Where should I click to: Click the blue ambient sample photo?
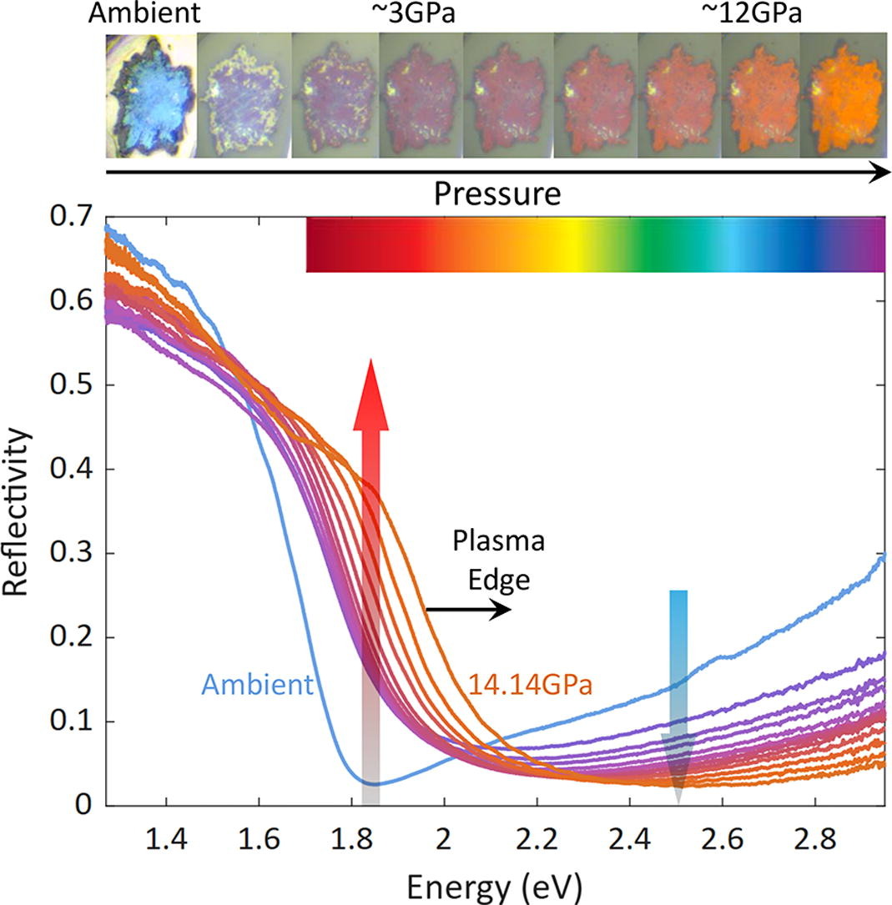pos(151,94)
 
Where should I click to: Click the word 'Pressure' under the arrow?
pos(496,194)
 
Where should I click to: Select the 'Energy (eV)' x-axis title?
pos(496,885)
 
